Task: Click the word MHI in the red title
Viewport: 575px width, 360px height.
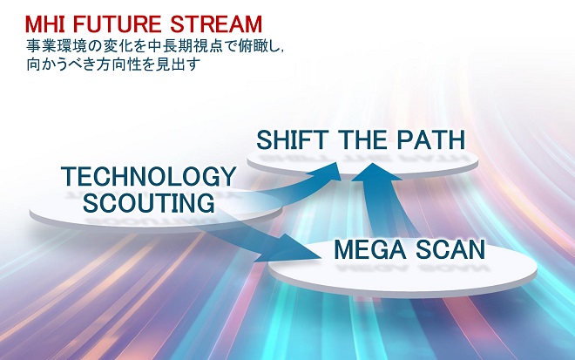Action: click(x=45, y=24)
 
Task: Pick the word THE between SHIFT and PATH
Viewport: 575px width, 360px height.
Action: click(x=362, y=139)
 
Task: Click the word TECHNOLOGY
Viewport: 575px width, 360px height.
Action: click(x=148, y=177)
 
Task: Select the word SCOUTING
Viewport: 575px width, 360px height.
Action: click(x=149, y=202)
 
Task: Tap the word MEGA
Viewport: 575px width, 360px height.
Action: click(x=370, y=250)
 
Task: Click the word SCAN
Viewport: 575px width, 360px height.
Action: click(x=450, y=250)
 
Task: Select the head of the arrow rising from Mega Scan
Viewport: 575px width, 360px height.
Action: click(x=374, y=173)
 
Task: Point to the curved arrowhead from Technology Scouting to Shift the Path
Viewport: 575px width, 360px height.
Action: click(x=325, y=172)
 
